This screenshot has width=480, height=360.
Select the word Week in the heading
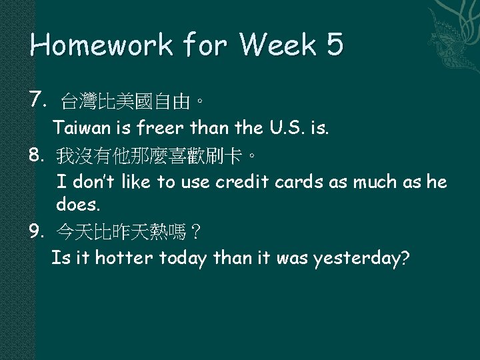(272, 45)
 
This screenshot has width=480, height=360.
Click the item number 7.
(37, 101)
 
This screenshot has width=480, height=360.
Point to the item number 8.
(37, 156)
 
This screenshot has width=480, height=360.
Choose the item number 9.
(37, 231)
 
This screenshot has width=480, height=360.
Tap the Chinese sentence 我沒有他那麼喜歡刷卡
(155, 157)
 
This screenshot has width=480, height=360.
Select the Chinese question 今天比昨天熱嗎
(129, 233)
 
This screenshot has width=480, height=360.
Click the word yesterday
(359, 257)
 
